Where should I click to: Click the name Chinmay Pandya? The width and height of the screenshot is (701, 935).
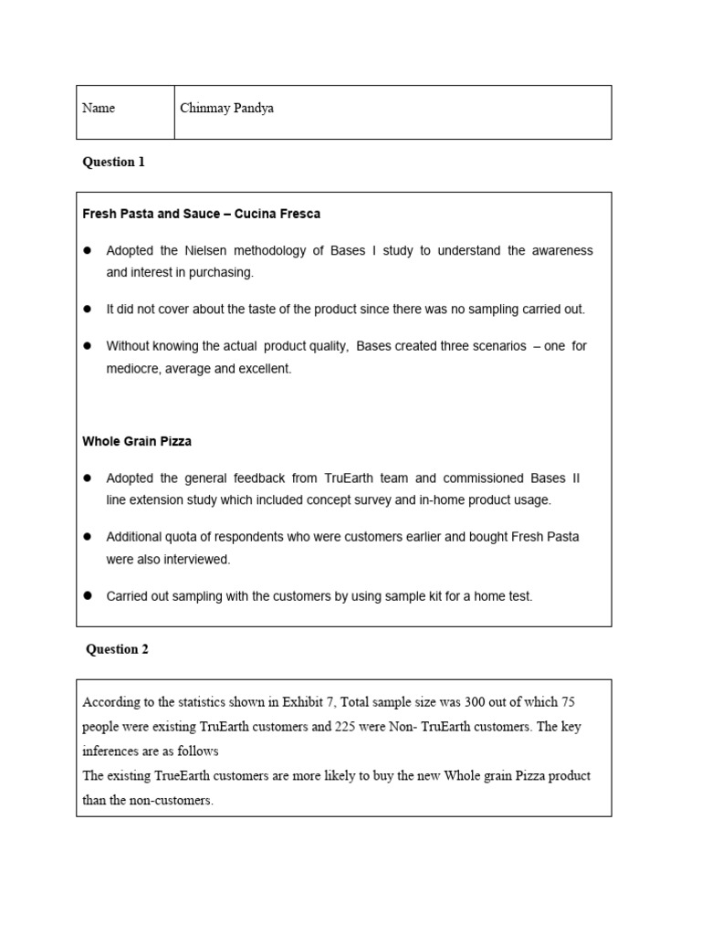click(x=226, y=109)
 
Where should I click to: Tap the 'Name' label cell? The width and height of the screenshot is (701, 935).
click(x=99, y=109)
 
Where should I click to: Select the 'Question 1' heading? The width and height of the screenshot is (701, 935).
click(x=113, y=163)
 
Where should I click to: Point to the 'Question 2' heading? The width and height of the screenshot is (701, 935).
click(x=117, y=650)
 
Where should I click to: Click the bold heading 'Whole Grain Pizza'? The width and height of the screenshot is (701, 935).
click(x=137, y=441)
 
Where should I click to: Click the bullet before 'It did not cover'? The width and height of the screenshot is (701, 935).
click(x=89, y=310)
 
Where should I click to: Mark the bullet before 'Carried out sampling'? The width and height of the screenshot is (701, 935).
click(x=89, y=596)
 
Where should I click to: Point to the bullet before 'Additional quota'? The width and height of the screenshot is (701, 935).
click(x=89, y=537)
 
